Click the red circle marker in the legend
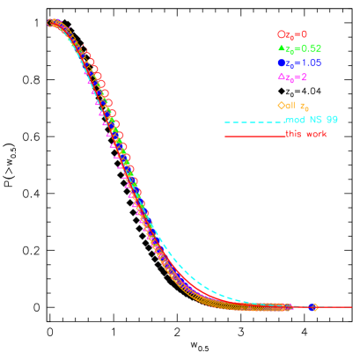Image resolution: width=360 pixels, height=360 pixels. point(281,34)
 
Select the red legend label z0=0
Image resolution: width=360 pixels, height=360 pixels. point(296,34)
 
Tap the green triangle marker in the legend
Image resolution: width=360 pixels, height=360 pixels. point(281,48)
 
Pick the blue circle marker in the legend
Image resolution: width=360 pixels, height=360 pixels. point(281,62)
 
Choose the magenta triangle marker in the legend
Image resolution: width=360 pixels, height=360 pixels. point(281,77)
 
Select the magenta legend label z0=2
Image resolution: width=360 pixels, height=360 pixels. point(295,77)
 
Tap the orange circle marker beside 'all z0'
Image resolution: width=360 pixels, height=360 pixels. point(281,105)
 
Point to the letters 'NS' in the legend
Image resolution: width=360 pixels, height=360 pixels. point(313,119)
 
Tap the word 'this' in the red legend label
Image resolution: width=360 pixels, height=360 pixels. point(293,134)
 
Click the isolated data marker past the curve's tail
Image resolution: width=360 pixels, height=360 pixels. point(312,307)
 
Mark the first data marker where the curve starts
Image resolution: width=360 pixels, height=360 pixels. point(52,23)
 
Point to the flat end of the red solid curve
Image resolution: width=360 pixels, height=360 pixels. point(348,307)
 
